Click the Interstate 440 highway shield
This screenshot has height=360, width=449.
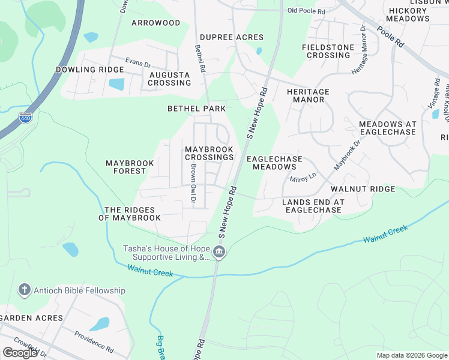(x=25, y=118)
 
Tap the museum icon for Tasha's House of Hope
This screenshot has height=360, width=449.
(x=219, y=252)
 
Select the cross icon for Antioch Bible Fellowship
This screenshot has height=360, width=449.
(x=24, y=290)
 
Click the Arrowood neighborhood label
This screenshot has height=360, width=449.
(x=155, y=23)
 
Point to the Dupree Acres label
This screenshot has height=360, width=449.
(x=223, y=37)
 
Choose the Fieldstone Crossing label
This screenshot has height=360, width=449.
(x=326, y=51)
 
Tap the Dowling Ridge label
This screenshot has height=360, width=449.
(x=90, y=70)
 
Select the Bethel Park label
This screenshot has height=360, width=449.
(x=196, y=109)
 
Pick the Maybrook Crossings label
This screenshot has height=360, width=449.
(x=209, y=153)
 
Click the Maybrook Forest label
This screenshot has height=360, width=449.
(x=130, y=167)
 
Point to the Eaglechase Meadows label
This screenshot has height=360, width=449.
(x=274, y=163)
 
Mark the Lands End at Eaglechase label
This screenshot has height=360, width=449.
(x=313, y=206)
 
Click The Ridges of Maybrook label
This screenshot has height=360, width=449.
(x=133, y=214)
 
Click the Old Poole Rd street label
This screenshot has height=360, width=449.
(x=306, y=11)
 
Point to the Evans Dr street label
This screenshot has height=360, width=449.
(x=137, y=61)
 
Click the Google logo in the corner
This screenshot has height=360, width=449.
(x=20, y=353)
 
